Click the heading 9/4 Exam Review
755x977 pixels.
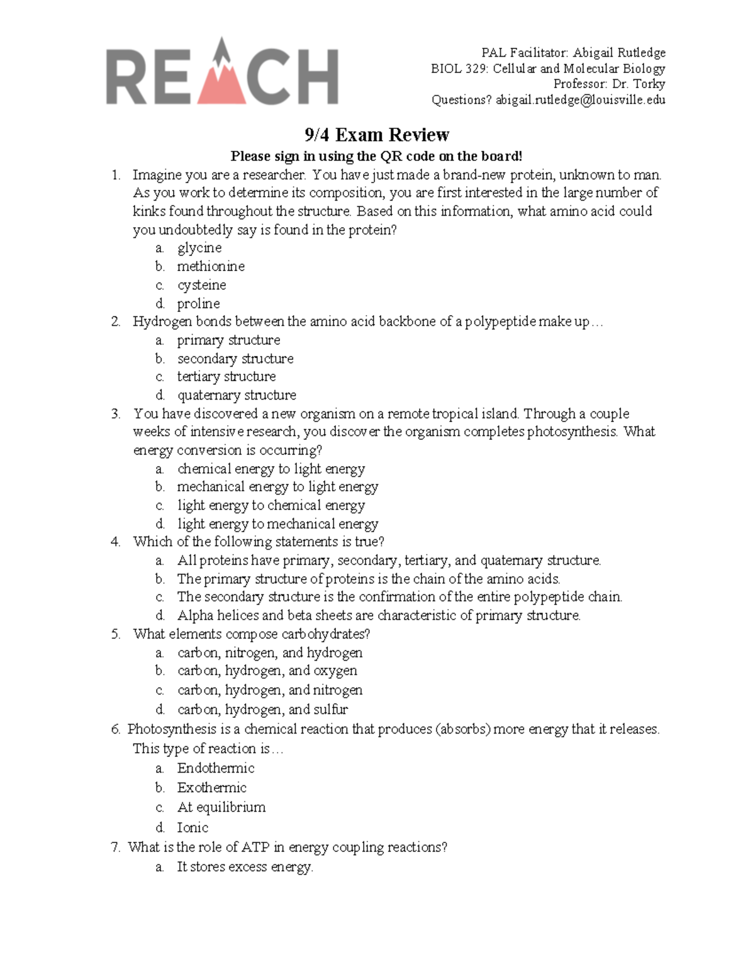pos(377,135)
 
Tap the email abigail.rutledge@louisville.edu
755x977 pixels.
pos(580,100)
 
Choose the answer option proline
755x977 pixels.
pos(198,304)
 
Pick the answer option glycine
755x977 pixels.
pos(199,248)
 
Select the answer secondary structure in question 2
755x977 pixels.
pos(235,359)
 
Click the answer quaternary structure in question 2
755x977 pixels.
pos(237,395)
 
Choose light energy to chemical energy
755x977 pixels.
pos(271,505)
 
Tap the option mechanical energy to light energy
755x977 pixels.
pos(277,487)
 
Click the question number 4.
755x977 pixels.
pos(115,542)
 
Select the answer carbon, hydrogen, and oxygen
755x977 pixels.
pos(267,671)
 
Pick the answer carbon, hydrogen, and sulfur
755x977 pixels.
pos(262,710)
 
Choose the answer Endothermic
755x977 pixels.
pos(216,768)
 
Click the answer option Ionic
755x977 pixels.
pos(193,828)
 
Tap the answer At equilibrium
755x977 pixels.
pos(221,807)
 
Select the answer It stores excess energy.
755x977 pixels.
pos(245,867)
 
